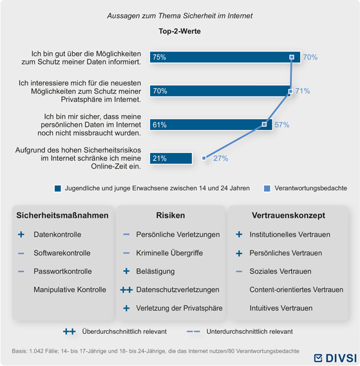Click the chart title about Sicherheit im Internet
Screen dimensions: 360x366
180,15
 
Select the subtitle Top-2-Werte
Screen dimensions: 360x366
180,31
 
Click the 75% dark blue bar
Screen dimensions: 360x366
225,57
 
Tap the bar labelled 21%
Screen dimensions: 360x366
171,158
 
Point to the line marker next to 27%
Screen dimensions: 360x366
204,158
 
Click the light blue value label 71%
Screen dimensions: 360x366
303,91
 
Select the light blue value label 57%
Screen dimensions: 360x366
282,125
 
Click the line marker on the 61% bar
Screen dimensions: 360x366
264,124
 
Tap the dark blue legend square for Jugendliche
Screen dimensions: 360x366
58,188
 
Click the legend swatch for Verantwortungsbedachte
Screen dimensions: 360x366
267,188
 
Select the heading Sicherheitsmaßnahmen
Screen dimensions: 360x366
62,215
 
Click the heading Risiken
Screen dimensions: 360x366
171,215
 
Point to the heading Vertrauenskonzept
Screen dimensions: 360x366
289,215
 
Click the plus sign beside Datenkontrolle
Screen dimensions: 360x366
21,234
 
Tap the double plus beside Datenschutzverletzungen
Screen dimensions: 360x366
126,290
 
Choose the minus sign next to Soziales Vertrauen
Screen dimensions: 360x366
239,271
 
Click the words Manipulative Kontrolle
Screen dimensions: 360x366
70,289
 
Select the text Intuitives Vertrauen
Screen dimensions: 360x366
281,308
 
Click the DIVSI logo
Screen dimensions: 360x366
336,358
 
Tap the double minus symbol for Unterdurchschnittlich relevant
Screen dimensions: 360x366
193,331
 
